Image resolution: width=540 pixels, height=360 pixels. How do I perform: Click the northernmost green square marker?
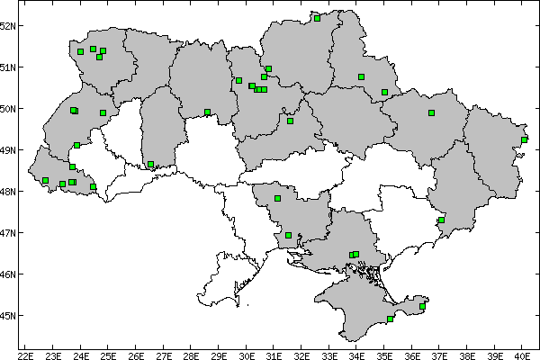click(x=317, y=17)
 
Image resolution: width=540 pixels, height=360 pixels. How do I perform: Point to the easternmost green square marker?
click(x=525, y=139)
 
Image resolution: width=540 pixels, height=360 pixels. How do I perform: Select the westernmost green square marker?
click(x=45, y=180)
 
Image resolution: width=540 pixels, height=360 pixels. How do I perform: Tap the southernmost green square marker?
click(x=390, y=319)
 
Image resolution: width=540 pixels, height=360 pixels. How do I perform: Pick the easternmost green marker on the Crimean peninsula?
click(x=422, y=306)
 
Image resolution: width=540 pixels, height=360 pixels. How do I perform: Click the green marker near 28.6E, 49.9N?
click(x=207, y=112)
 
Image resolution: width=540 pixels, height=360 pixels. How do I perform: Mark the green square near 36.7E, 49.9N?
click(x=431, y=112)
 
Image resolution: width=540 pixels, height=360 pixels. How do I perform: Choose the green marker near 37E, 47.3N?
click(x=441, y=220)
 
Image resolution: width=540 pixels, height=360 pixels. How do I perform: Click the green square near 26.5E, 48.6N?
click(x=150, y=165)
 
